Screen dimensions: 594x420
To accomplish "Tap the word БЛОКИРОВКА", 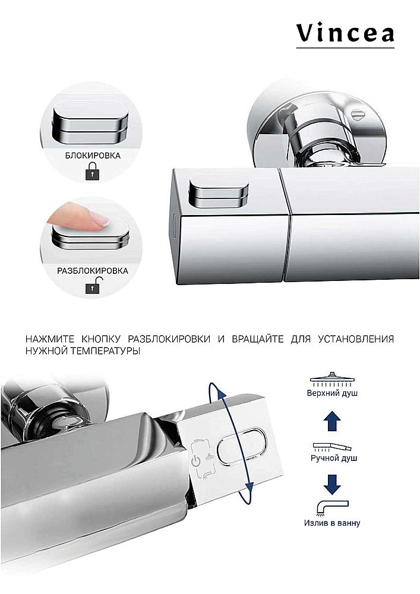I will tap(92, 156).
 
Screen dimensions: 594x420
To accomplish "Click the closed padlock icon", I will tap(92, 173).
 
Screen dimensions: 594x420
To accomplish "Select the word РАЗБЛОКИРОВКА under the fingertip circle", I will tap(92, 270).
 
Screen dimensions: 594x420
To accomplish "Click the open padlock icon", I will tap(92, 287).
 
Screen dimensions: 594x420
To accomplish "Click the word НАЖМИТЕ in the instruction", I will tap(47, 339).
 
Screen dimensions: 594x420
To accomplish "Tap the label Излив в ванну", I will tap(333, 523).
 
